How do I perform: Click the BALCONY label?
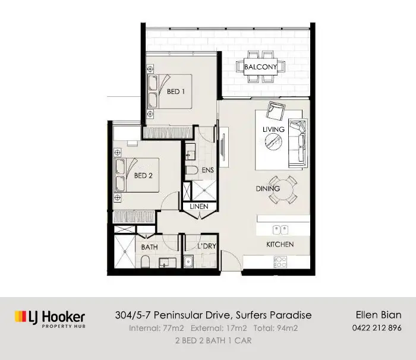click(260, 67)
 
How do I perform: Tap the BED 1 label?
click(175, 91)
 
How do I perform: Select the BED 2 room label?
click(144, 176)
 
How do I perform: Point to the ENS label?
click(207, 170)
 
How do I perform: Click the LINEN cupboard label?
click(198, 207)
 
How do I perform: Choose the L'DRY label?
click(206, 245)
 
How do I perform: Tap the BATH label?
click(149, 245)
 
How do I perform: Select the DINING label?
click(267, 189)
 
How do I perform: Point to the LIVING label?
click(273, 130)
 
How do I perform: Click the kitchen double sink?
click(281, 228)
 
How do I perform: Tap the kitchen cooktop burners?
click(280, 261)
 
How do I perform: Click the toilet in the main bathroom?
click(147, 261)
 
